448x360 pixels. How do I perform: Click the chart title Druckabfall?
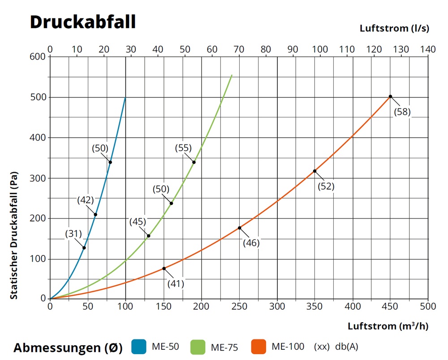click(x=82, y=22)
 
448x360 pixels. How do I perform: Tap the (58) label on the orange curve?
click(x=402, y=112)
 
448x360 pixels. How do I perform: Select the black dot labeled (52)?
click(x=314, y=171)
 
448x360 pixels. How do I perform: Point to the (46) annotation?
click(x=251, y=243)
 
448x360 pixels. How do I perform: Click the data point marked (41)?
click(x=164, y=269)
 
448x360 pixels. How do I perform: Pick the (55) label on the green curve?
click(x=183, y=148)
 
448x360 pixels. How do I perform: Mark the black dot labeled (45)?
click(x=148, y=236)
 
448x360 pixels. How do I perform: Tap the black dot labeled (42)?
click(x=95, y=214)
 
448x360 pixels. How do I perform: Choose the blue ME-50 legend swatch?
click(x=139, y=347)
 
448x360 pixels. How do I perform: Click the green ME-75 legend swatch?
click(x=198, y=347)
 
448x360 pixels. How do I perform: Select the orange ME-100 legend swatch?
click(x=259, y=347)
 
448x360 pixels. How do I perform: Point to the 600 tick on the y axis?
click(x=38, y=56)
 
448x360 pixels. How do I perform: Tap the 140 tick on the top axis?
click(x=428, y=49)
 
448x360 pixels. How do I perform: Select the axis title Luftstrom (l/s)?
click(x=394, y=28)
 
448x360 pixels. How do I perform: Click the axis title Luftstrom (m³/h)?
click(x=388, y=326)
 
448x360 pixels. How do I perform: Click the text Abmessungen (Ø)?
click(x=68, y=348)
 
